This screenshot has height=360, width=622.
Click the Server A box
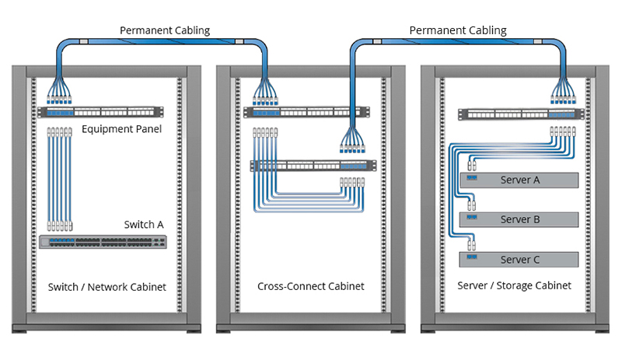click(520, 180)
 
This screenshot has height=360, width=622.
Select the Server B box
click(520, 219)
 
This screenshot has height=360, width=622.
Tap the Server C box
click(520, 260)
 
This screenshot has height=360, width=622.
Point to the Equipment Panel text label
click(121, 128)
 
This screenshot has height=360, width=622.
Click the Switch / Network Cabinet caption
click(107, 287)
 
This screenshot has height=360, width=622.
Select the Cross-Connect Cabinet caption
click(311, 287)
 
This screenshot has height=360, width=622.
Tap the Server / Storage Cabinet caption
click(515, 286)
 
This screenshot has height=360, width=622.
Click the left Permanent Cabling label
click(164, 30)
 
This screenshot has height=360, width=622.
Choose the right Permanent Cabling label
click(458, 30)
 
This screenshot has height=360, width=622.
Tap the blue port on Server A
click(472, 178)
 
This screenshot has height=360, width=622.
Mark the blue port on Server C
click(472, 257)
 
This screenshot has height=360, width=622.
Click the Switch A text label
click(144, 225)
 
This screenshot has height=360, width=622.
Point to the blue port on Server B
click(472, 218)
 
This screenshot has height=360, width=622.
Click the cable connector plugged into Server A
click(472, 166)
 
